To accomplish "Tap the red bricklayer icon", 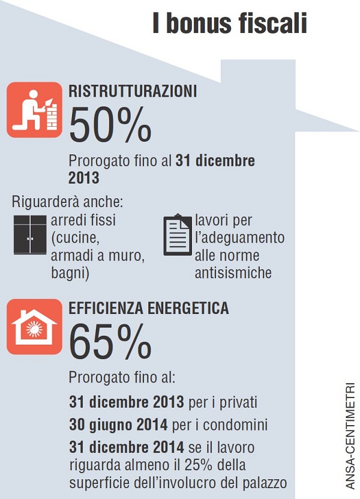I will coord(34,110).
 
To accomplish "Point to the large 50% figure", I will coord(110,125).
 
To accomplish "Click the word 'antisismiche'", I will coord(233,273).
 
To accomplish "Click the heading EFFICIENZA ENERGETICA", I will coord(149,309).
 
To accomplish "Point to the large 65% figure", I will coord(110,342).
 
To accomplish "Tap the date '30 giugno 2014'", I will coord(118,425).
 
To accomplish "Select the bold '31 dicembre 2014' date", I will coord(125,448).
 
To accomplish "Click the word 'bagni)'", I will coord(70,273).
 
